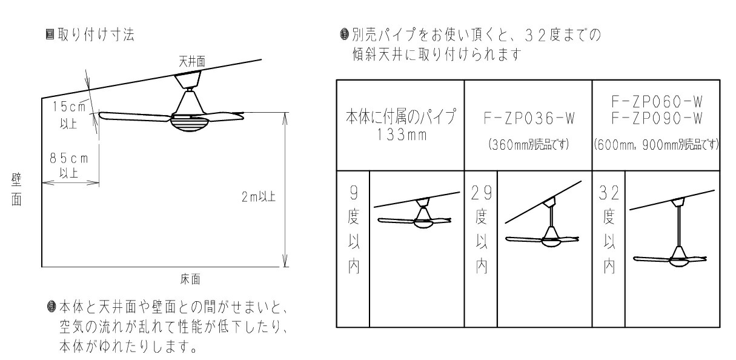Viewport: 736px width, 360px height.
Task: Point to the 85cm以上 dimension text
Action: point(68,165)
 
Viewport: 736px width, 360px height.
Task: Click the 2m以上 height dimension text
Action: point(257,198)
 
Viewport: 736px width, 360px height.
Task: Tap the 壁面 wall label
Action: point(16,188)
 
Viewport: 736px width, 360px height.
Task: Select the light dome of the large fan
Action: point(188,124)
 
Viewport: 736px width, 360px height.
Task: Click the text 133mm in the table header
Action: point(400,134)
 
